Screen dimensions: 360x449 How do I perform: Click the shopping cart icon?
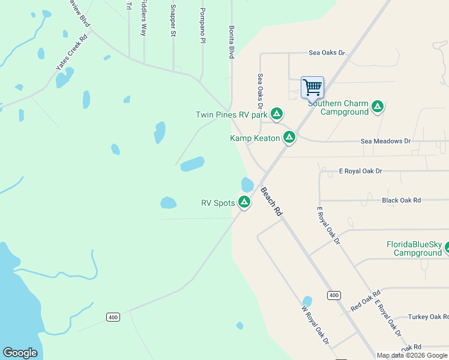coord(312,88)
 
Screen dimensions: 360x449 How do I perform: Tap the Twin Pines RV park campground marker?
coord(277,113)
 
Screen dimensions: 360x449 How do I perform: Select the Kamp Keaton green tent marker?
coord(289,138)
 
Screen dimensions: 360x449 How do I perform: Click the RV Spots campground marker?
coord(244,202)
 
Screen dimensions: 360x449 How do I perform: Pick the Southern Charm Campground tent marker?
coord(378,107)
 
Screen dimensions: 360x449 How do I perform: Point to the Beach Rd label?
coord(271,201)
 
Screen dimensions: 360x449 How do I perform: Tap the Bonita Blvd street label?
coord(231,41)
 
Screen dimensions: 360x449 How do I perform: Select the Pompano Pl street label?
coord(203,25)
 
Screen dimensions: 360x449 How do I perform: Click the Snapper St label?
coord(173,21)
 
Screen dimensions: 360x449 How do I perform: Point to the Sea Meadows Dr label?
coord(385,141)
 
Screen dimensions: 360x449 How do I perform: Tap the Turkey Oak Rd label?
coord(427,317)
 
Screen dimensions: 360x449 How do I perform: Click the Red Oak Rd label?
coord(365,301)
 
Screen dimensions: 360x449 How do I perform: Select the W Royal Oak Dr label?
coord(315,325)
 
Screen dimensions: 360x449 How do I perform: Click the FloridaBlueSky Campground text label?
coord(414,248)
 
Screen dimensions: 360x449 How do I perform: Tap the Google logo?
coord(20,353)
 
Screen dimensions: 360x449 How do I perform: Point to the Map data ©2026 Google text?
coord(411,355)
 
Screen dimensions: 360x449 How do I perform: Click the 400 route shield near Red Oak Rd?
coord(334,295)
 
